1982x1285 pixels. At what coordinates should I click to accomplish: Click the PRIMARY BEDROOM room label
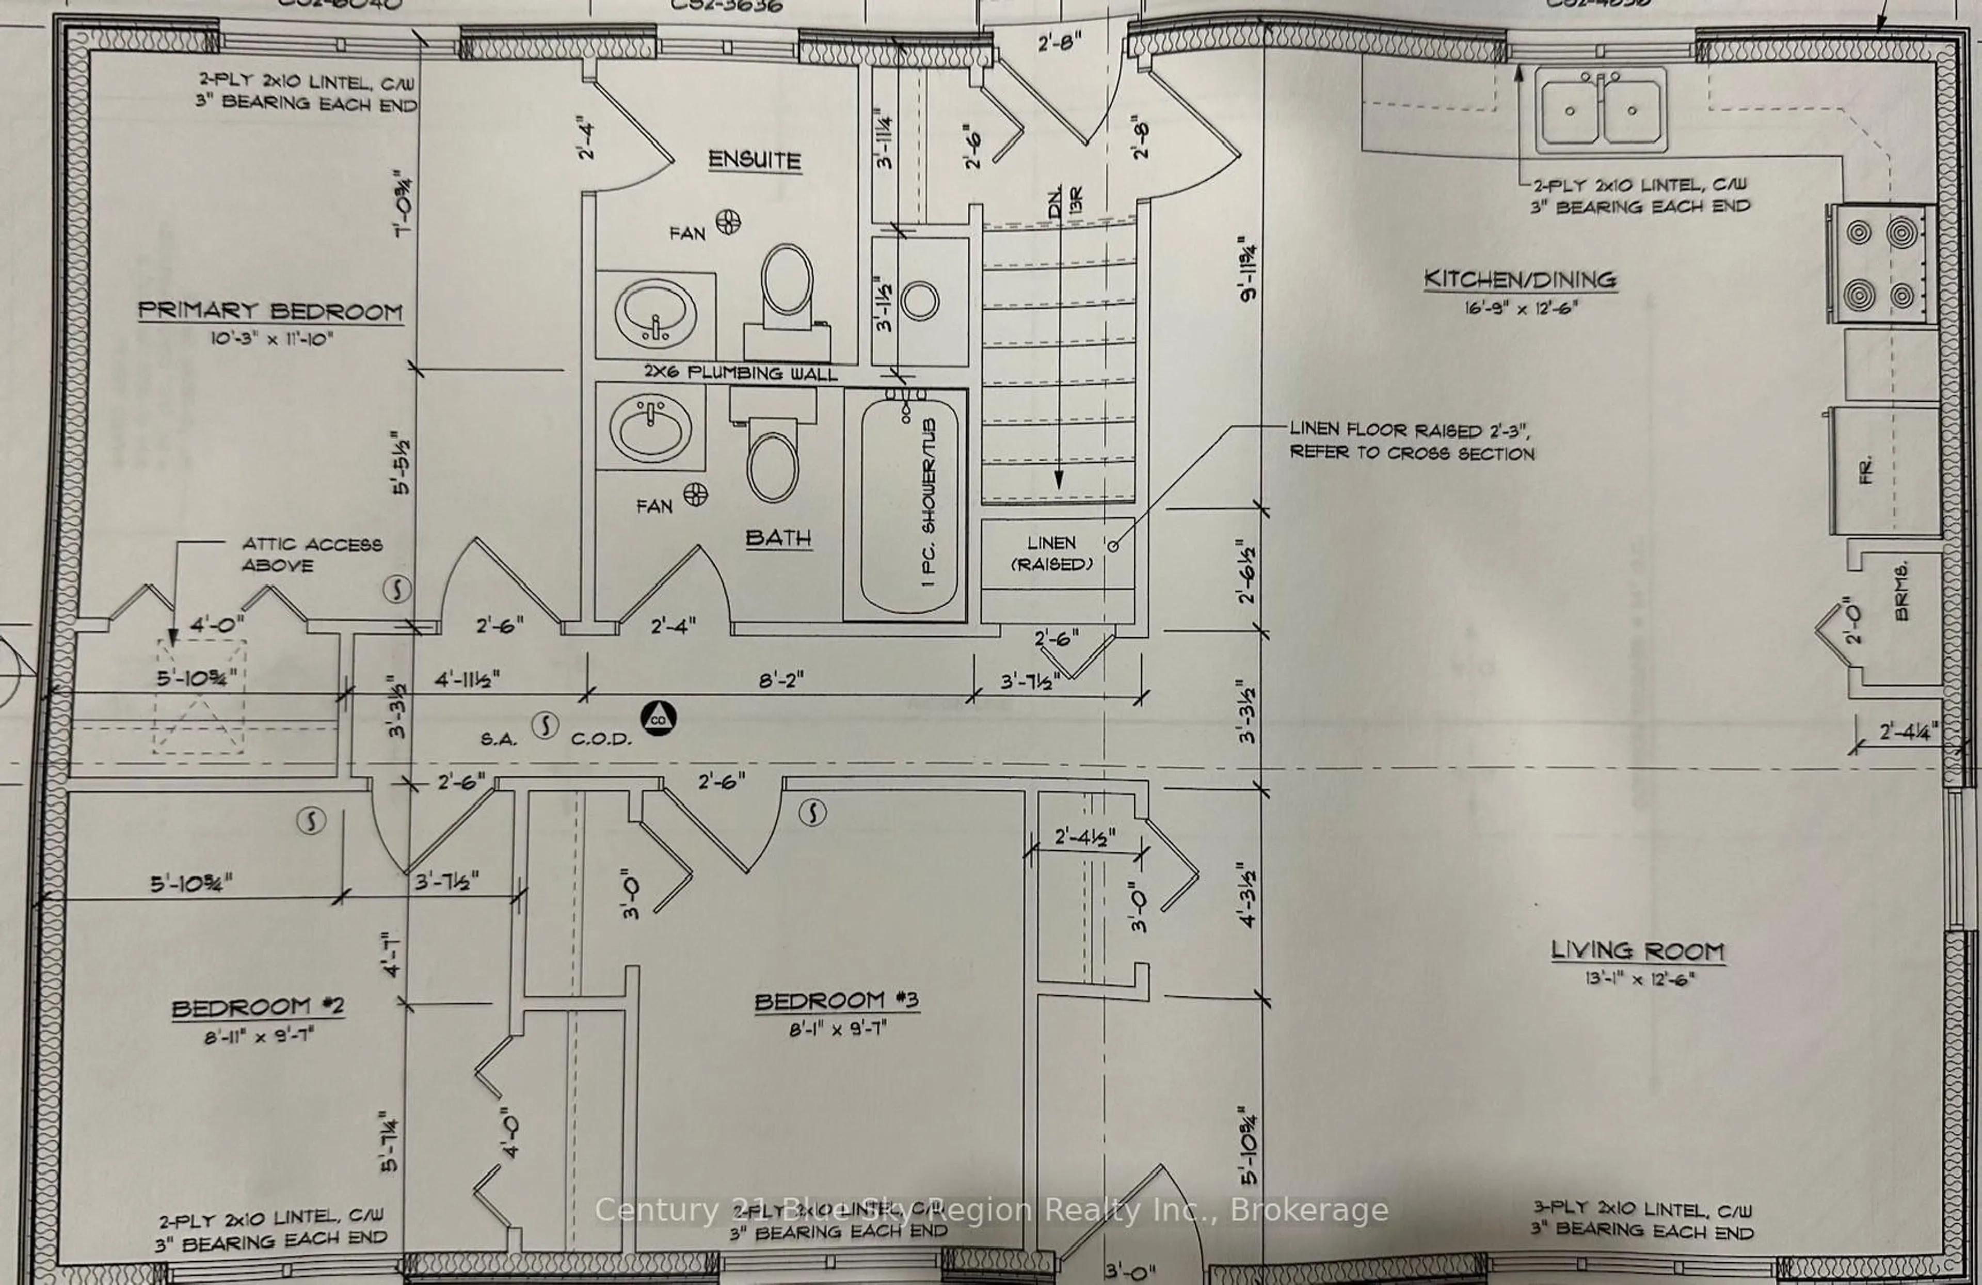(x=270, y=311)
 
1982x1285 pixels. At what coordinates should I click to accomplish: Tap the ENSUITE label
(x=755, y=160)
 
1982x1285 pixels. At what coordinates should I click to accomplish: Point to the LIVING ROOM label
(x=1637, y=950)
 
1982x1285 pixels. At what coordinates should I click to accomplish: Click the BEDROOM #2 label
(x=258, y=1008)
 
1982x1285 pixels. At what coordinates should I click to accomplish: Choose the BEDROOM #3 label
(x=836, y=1000)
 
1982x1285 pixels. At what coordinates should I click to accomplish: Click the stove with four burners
(x=1880, y=264)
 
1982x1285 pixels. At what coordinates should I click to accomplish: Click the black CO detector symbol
(x=658, y=719)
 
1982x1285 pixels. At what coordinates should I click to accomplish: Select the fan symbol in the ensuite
(x=728, y=223)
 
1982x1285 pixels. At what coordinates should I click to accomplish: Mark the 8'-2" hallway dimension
(x=780, y=680)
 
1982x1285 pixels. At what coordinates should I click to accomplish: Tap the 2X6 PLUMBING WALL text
(x=740, y=373)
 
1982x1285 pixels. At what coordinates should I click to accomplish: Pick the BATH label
(x=778, y=538)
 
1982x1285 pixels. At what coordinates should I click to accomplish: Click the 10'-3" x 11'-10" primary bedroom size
(x=271, y=339)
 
